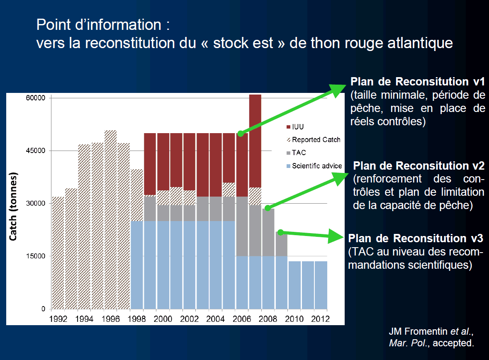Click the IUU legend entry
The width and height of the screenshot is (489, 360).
point(301,126)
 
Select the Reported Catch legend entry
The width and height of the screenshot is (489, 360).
point(316,140)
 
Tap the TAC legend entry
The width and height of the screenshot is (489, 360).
point(299,153)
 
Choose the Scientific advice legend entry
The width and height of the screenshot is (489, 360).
point(316,166)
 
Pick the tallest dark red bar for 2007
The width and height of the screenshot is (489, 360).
point(255,141)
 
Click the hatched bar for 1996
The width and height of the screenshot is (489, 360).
point(111,220)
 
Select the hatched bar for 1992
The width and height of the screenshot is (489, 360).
point(58,253)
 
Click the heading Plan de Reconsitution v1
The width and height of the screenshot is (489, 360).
point(418,81)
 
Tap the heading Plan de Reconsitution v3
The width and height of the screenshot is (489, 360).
point(416,238)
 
